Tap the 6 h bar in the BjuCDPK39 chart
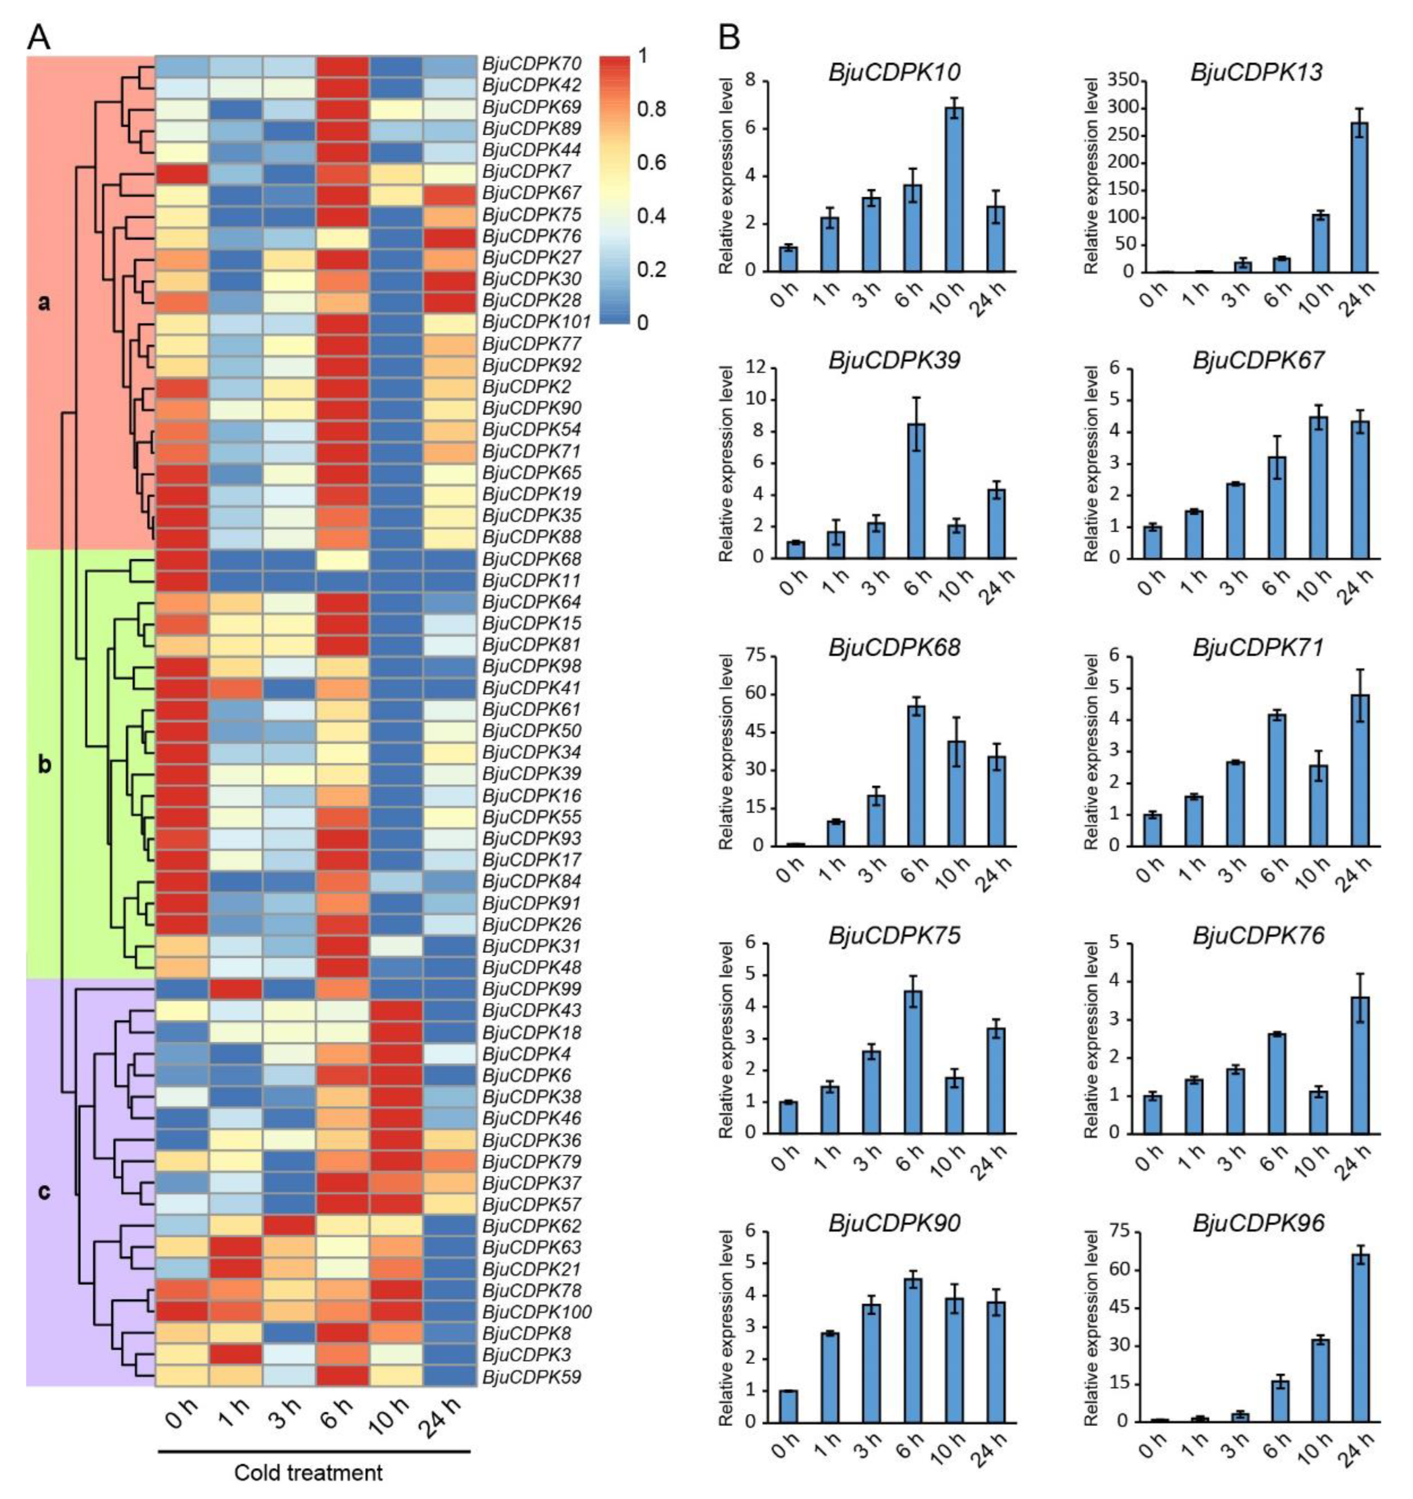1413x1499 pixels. click(915, 491)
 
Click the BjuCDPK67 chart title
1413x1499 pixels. click(1258, 361)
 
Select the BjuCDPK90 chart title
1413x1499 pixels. click(894, 1223)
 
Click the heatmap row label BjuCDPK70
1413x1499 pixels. click(531, 65)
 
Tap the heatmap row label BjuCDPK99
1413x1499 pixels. click(531, 988)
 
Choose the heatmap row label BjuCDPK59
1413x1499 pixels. click(531, 1378)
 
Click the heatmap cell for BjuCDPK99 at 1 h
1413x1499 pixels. click(236, 988)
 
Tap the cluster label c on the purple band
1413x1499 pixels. click(45, 1192)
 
